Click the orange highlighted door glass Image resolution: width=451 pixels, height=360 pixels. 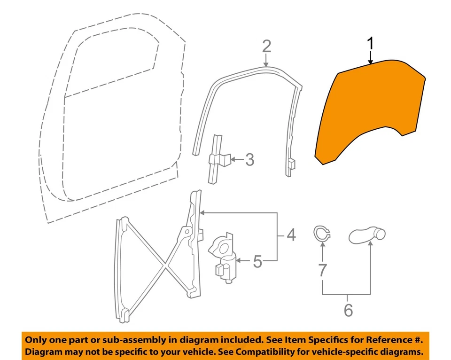(371, 108)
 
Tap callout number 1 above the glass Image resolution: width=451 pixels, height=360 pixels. (371, 44)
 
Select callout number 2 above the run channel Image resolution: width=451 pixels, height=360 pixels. (266, 47)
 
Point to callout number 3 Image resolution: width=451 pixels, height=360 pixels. (250, 160)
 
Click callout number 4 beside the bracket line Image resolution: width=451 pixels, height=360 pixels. (291, 235)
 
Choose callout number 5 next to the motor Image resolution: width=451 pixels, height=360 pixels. (257, 261)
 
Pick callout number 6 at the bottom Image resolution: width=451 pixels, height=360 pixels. (348, 311)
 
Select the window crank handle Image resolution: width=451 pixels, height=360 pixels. (367, 234)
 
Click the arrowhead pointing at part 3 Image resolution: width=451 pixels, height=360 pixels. (233, 160)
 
